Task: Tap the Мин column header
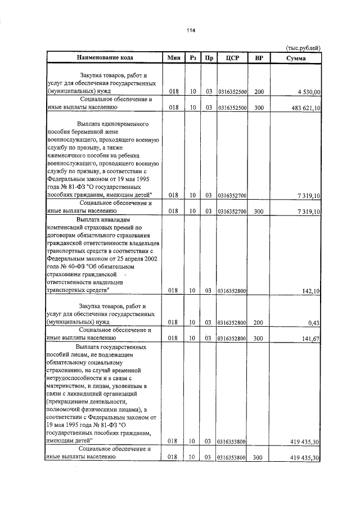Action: [x=173, y=58]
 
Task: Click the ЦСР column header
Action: [x=232, y=58]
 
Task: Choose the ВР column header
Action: [x=259, y=58]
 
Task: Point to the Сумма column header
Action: [x=295, y=58]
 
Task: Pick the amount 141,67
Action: [x=310, y=339]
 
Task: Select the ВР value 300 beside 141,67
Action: [x=259, y=339]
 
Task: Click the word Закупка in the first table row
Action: [x=93, y=74]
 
